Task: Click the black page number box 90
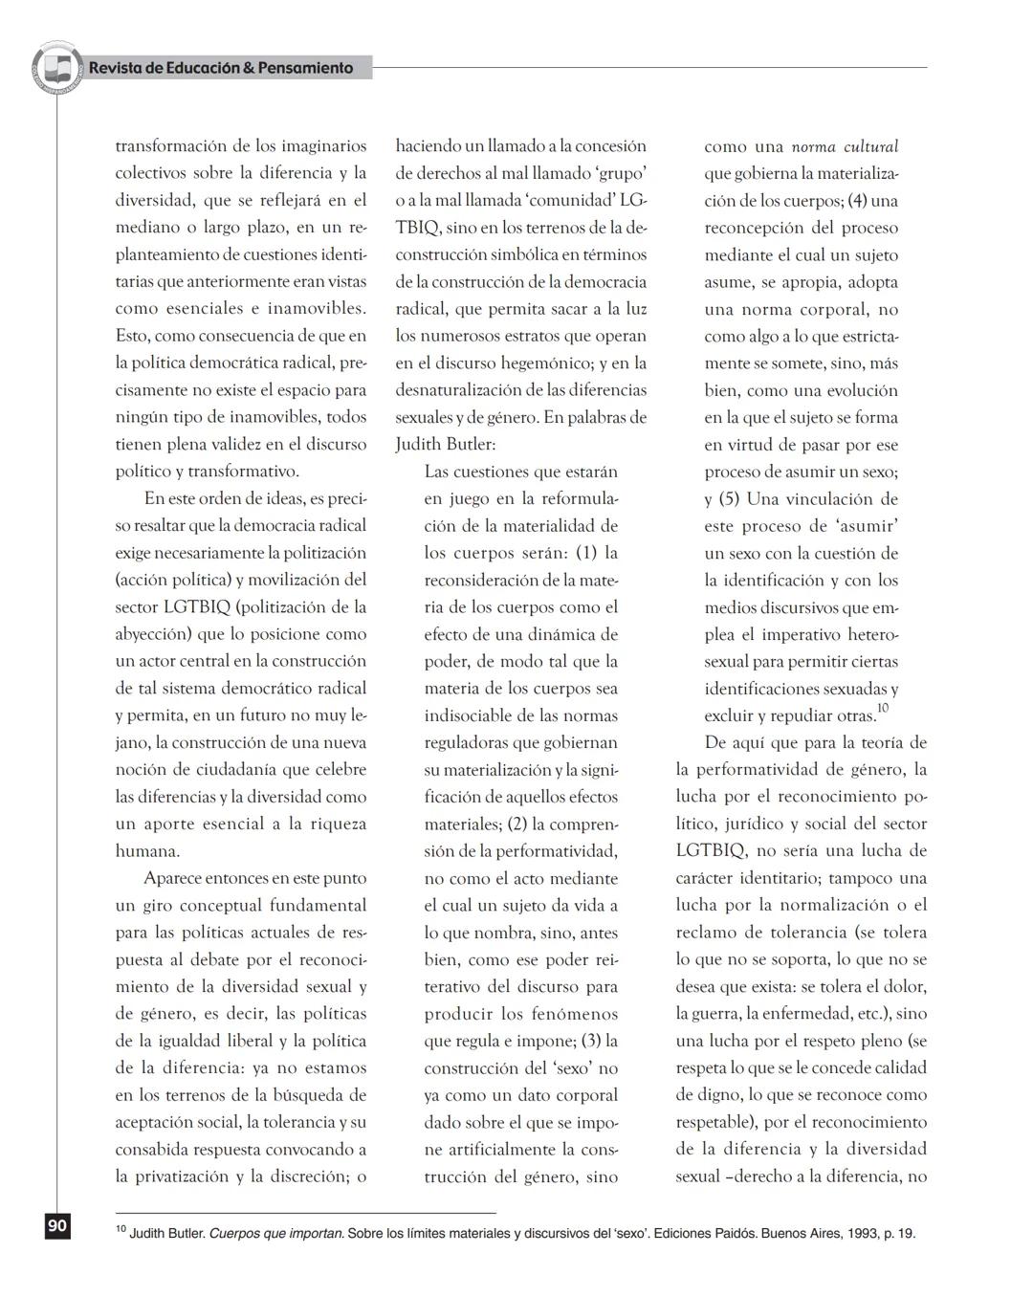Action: tap(57, 1225)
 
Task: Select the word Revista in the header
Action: tap(115, 68)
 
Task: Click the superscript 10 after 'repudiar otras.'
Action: tap(882, 708)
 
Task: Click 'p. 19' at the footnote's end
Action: tap(899, 1234)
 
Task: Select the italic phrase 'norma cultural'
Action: tap(845, 147)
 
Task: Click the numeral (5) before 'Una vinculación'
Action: tap(729, 499)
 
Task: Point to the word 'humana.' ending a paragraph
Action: tap(147, 851)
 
